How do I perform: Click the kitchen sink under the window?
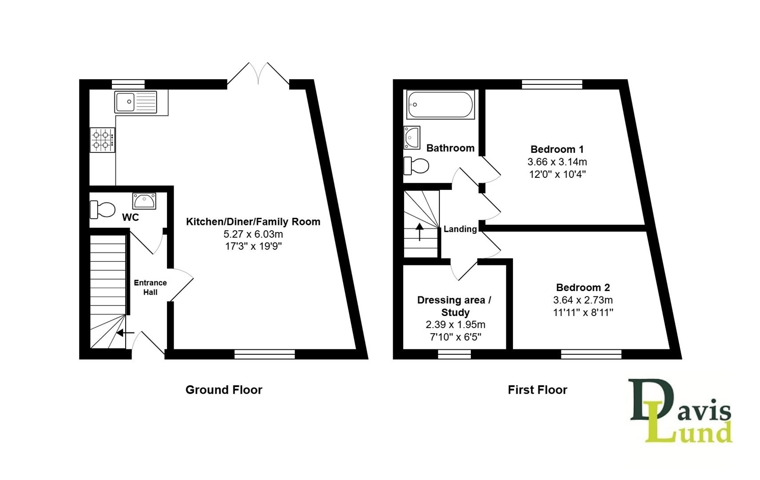(x=135, y=102)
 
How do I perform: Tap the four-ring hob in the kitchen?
(x=103, y=140)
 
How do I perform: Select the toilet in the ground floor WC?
(x=103, y=209)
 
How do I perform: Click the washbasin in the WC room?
(x=144, y=201)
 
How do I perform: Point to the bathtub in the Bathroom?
(x=440, y=104)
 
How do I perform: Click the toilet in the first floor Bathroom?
(x=416, y=166)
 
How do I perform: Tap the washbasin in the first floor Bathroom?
(x=412, y=137)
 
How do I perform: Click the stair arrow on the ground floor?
(x=125, y=332)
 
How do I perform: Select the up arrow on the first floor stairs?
(x=419, y=232)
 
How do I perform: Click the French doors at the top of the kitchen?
(x=258, y=74)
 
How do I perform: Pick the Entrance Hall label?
(x=150, y=288)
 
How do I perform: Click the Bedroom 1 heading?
(x=557, y=149)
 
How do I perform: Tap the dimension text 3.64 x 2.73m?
(x=583, y=300)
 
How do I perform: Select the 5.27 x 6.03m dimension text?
(x=253, y=234)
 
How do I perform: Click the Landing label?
(x=460, y=229)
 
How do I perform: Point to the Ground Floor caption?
(x=224, y=390)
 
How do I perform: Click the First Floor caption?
(x=537, y=390)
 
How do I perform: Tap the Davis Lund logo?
(x=680, y=411)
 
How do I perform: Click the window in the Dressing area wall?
(x=454, y=354)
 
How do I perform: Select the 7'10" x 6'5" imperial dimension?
(x=455, y=337)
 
